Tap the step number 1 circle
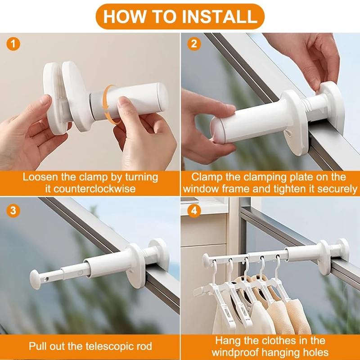click(13, 44)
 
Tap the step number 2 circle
click(194, 44)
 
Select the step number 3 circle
click(13, 211)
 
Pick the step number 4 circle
click(194, 211)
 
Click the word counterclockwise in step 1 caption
click(94, 189)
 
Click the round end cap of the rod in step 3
click(35, 279)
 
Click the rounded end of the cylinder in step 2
click(217, 130)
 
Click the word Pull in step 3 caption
click(37, 346)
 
